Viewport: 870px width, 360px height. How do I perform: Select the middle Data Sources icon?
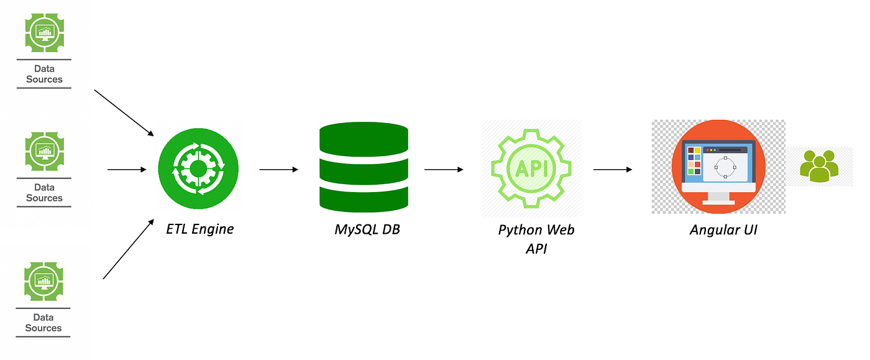45,151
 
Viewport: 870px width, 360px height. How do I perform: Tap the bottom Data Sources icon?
44,281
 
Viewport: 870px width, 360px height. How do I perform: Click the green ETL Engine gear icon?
198,168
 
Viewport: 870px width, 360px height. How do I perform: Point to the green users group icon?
818,167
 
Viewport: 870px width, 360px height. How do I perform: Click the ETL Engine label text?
199,229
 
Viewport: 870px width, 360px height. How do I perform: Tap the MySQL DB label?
367,229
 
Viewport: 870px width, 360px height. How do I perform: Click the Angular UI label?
723,230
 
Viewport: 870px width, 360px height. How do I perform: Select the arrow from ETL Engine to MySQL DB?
278,169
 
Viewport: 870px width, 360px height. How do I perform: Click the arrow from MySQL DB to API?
444,169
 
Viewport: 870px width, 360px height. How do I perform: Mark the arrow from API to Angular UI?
613,169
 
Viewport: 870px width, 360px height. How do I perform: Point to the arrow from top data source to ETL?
124,113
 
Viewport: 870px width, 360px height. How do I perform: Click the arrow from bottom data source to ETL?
128,249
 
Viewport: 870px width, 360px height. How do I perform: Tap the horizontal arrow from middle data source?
127,169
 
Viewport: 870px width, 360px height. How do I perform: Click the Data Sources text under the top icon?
44,74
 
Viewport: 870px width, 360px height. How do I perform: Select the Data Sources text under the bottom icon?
43,323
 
